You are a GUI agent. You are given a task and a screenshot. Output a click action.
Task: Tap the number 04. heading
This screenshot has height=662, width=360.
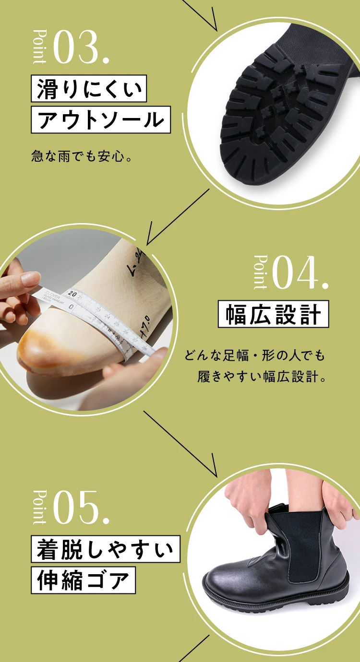coord(300,273)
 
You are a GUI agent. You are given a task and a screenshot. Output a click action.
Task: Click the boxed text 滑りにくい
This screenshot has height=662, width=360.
coord(89,89)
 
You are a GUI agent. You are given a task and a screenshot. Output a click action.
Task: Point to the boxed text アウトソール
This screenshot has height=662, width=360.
coord(101,120)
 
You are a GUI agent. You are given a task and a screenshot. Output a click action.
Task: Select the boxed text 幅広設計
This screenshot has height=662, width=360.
coord(273,315)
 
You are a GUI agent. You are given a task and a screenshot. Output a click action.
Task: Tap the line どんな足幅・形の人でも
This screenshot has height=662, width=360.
coord(254,356)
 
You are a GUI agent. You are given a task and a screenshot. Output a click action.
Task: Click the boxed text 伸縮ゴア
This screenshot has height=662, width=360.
coord(84,580)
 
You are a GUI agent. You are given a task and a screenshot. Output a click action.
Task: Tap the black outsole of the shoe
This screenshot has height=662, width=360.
coord(283,115)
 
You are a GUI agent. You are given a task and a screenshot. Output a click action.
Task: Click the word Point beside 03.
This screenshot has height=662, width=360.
coord(40,47)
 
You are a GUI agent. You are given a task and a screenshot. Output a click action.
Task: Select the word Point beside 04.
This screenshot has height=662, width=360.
coord(260,272)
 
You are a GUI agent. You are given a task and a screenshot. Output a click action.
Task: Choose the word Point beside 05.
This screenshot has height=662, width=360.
coord(40,507)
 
